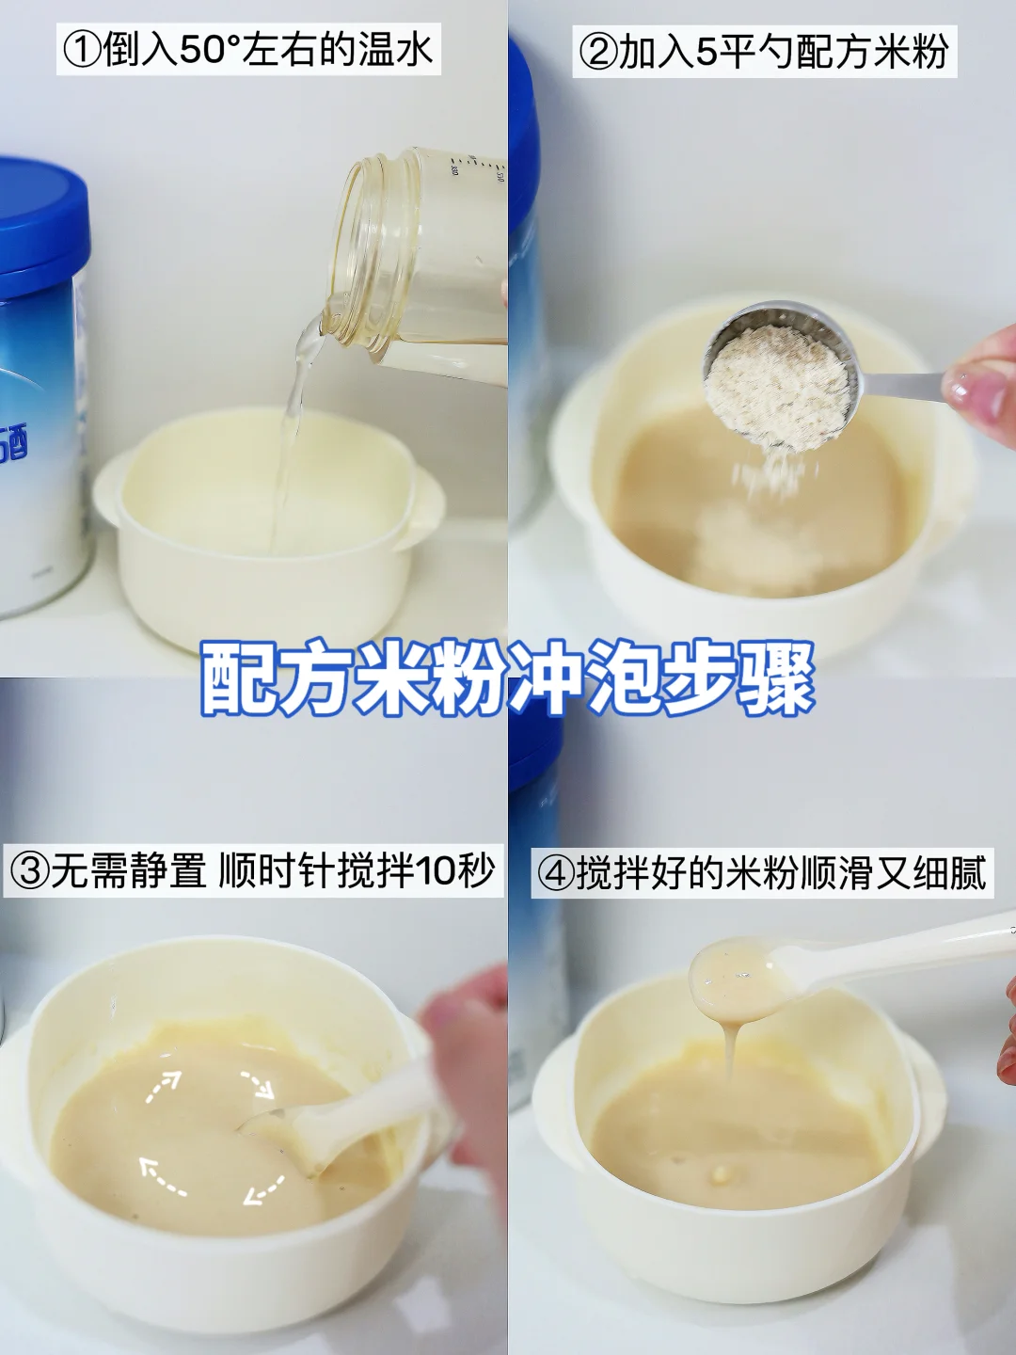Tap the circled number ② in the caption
[x=597, y=52]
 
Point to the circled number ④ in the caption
[x=556, y=873]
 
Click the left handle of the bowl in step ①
[x=108, y=485]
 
